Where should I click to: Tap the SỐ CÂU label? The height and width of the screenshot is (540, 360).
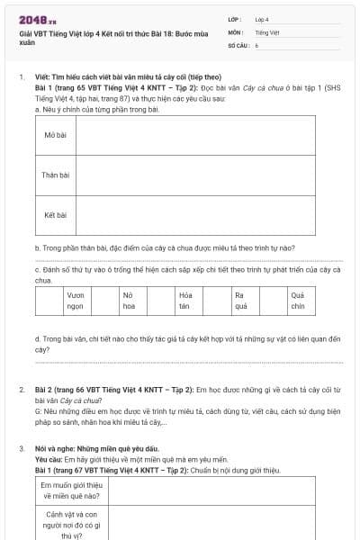tap(238, 44)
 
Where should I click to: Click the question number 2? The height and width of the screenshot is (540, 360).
tap(22, 390)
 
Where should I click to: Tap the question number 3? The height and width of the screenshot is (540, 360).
tap(22, 447)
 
